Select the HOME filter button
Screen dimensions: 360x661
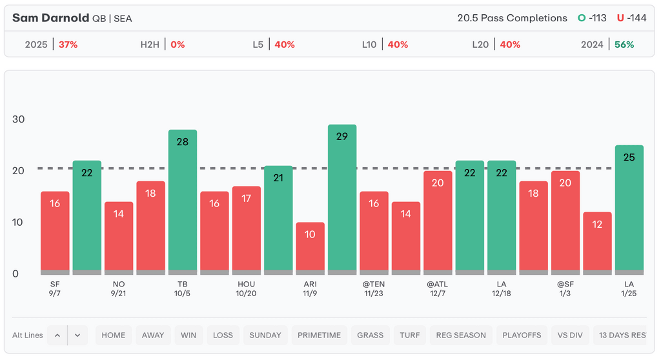[x=114, y=335]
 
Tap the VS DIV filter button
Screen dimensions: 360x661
[x=570, y=335]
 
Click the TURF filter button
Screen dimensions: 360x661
[x=410, y=335]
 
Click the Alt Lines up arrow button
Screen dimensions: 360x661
[x=57, y=335]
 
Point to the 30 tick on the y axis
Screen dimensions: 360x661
[x=19, y=119]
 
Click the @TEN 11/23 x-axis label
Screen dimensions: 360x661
[x=374, y=288]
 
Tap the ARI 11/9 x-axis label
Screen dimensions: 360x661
[x=310, y=288]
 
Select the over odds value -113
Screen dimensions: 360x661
[x=593, y=18]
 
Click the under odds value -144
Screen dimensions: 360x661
[x=635, y=18]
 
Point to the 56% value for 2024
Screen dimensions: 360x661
[x=624, y=45]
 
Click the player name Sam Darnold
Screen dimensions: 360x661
[x=50, y=18]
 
